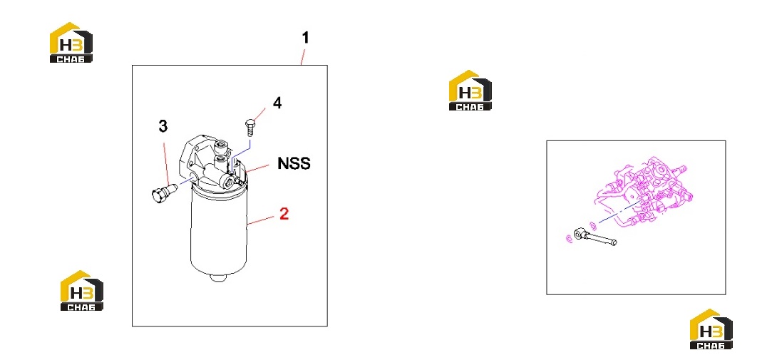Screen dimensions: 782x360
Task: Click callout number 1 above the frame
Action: click(x=306, y=38)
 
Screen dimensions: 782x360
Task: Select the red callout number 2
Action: click(x=284, y=214)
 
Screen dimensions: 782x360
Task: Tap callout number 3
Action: click(x=163, y=127)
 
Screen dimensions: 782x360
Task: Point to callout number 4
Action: click(x=277, y=103)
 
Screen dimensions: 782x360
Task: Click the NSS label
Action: click(x=294, y=163)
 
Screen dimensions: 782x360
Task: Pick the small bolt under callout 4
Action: click(x=250, y=127)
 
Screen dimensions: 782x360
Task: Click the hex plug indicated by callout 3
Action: click(x=162, y=192)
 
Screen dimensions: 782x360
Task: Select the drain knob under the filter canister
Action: click(x=219, y=277)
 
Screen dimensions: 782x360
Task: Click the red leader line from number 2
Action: click(x=263, y=220)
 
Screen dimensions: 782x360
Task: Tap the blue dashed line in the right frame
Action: click(x=619, y=212)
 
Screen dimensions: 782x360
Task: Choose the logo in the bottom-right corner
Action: click(x=711, y=329)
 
